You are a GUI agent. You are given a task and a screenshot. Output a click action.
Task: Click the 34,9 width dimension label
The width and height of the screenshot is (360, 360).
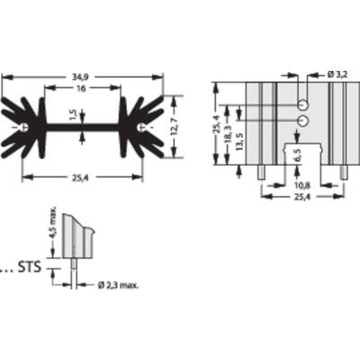[x=79, y=77]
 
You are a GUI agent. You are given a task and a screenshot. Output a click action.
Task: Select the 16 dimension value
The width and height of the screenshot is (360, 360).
[x=81, y=88]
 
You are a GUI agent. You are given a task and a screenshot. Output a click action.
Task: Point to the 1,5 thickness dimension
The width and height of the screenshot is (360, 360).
[x=74, y=115]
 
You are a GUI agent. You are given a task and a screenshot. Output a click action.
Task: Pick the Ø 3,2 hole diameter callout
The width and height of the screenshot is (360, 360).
[x=337, y=75]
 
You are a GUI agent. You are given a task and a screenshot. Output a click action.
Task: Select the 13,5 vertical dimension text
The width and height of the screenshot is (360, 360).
[x=239, y=141]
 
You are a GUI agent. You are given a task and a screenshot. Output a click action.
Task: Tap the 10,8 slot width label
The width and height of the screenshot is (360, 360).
[x=302, y=186]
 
